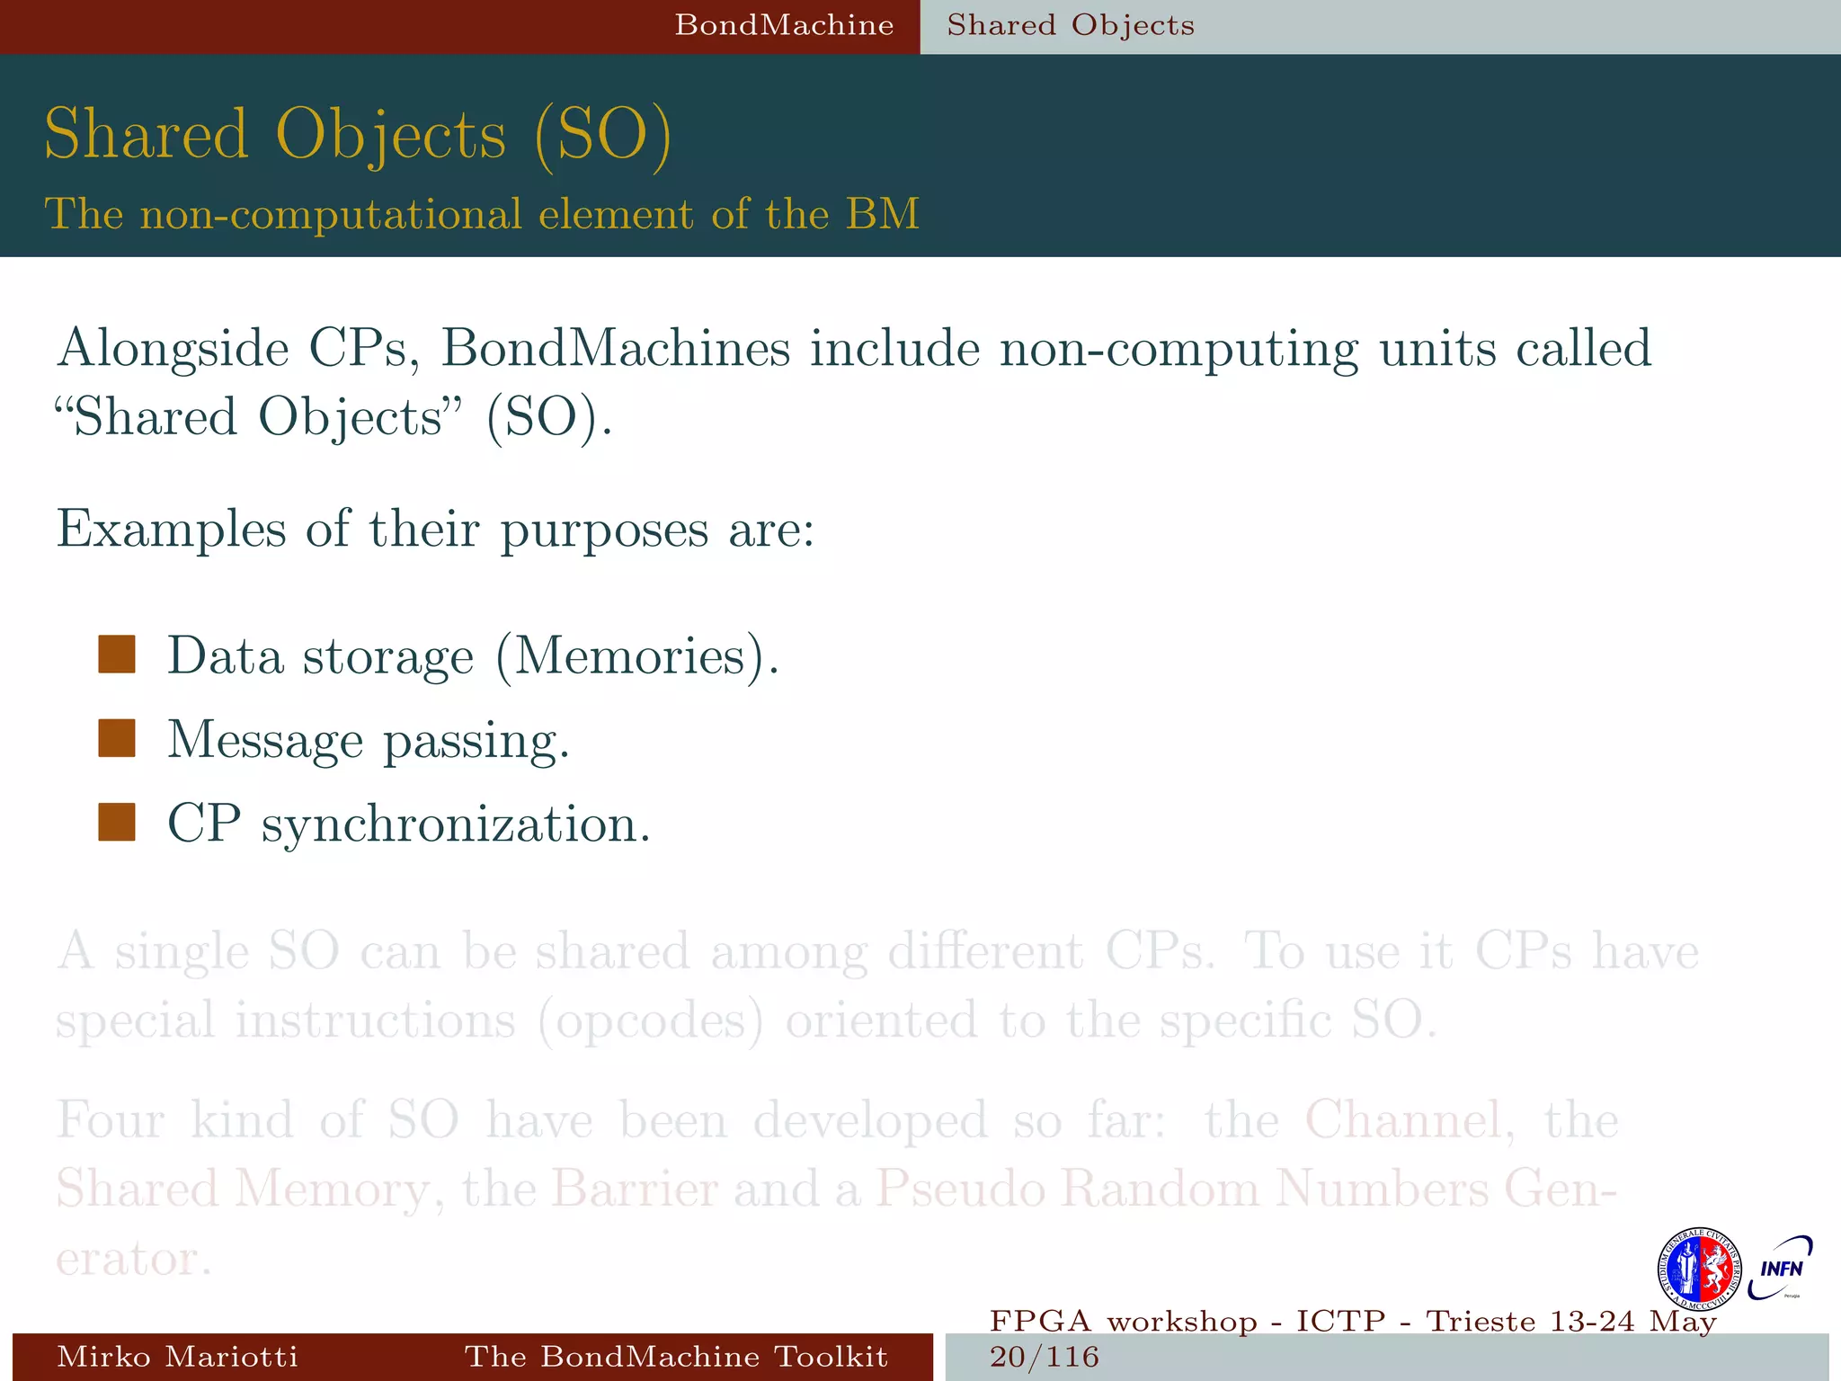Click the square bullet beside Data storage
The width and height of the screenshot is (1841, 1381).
(x=117, y=655)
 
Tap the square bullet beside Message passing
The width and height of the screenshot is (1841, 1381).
(x=117, y=738)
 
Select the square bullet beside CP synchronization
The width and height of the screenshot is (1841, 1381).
(x=117, y=822)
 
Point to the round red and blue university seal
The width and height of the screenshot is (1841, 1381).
(x=1699, y=1269)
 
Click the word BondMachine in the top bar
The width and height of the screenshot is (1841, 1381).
(x=784, y=25)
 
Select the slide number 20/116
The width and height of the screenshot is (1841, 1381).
(x=1045, y=1357)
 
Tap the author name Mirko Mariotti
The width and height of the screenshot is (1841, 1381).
(x=177, y=1357)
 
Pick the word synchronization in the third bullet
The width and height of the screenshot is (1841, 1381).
(x=455, y=824)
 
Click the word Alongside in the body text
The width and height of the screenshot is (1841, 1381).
(x=172, y=349)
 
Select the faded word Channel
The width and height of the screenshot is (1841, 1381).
(x=1402, y=1120)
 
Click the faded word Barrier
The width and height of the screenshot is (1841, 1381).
(x=635, y=1189)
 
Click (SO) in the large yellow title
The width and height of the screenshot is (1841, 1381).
(x=602, y=135)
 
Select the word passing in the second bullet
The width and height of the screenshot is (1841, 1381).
(x=476, y=740)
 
